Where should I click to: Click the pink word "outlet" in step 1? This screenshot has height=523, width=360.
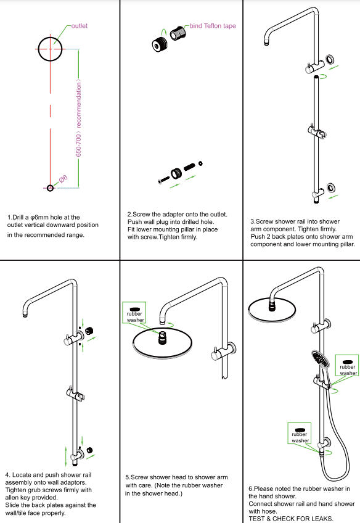pos(80,26)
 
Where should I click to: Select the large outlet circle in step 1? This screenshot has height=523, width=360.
pos(50,48)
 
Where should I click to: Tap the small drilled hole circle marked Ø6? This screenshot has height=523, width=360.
pos(51,187)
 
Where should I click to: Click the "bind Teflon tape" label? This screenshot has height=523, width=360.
pos(212,26)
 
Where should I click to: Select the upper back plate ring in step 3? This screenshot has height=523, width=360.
pos(332,60)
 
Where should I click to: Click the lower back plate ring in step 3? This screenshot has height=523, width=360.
pos(332,187)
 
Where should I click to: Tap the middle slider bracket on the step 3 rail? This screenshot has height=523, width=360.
pos(316,131)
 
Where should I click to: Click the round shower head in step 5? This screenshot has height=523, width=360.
pos(162,345)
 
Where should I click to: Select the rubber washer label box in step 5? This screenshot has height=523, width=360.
pos(134,314)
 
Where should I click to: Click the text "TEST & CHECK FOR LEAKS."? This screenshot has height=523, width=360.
pos(291,519)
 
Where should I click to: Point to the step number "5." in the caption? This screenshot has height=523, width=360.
pos(128,477)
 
